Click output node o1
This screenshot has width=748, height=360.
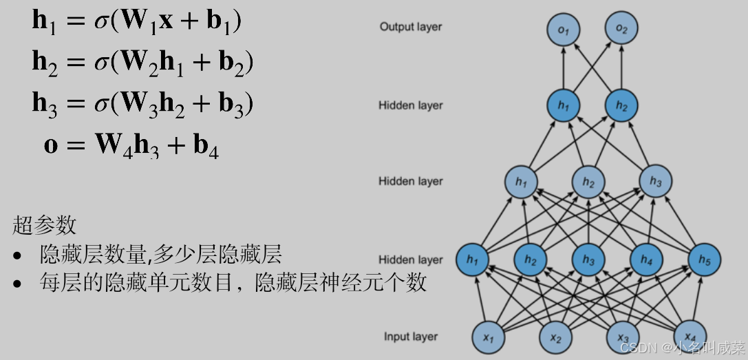pyautogui.click(x=564, y=29)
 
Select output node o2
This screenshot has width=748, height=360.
pyautogui.click(x=621, y=29)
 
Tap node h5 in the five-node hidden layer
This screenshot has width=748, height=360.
pyautogui.click(x=705, y=260)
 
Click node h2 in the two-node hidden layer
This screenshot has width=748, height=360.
pyautogui.click(x=621, y=105)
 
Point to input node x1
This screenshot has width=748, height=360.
pyautogui.click(x=489, y=337)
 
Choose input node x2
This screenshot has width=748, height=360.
pyautogui.click(x=556, y=337)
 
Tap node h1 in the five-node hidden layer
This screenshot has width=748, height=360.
pyautogui.click(x=472, y=260)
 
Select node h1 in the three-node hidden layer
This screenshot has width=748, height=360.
pyautogui.click(x=522, y=182)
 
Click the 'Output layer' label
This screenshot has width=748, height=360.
pyautogui.click(x=411, y=27)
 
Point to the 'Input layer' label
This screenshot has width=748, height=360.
pyautogui.click(x=411, y=337)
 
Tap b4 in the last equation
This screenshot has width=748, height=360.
pyautogui.click(x=205, y=147)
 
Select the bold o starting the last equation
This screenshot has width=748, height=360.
pyautogui.click(x=51, y=145)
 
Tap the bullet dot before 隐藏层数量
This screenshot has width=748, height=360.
pyautogui.click(x=18, y=256)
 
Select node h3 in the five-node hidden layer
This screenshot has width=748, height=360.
pyautogui.click(x=588, y=260)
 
